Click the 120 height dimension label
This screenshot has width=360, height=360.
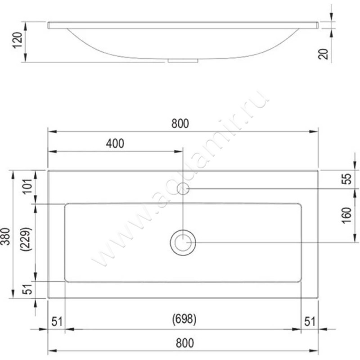pos(18,40)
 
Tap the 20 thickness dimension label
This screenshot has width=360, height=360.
pos(323,54)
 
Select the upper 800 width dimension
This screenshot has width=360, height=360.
pos(180,123)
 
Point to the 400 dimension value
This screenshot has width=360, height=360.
pos(115,144)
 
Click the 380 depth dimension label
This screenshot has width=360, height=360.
pos(5,237)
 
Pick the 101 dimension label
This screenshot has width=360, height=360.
pos(27,186)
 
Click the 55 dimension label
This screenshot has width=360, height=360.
pos(347,179)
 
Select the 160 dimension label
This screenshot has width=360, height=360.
pos(346,216)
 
